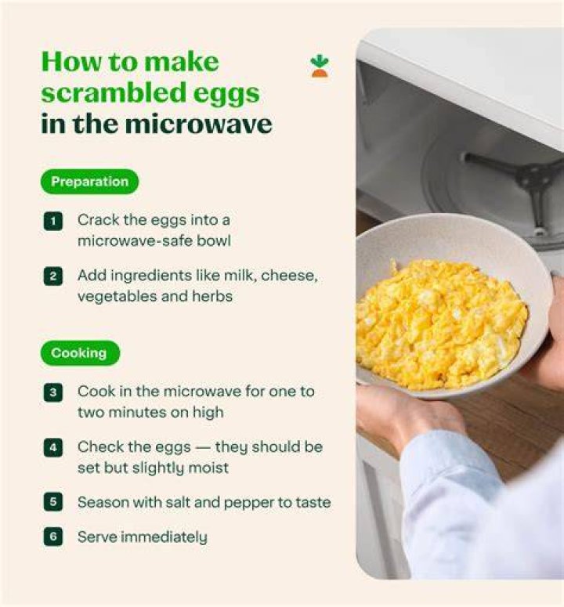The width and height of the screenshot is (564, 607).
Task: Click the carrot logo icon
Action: coord(319,66)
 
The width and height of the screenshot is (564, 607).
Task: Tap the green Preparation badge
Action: coord(89,182)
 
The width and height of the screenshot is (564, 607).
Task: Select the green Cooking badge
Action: coord(80,353)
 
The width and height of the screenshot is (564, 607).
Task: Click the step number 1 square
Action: coord(53,221)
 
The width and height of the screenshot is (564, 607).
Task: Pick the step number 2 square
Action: coord(53,276)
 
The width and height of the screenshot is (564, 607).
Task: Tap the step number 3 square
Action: coord(53,392)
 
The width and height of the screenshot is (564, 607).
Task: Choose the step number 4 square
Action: coord(53,448)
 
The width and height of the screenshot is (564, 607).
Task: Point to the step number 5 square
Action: coord(53,502)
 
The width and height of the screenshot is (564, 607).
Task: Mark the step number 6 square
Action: coord(53,537)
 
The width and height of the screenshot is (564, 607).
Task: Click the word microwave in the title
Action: coord(199,124)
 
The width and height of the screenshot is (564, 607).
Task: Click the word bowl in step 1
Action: coord(214,240)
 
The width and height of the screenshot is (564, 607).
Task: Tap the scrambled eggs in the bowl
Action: coord(440,323)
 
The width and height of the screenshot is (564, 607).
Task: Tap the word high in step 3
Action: coord(208,413)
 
